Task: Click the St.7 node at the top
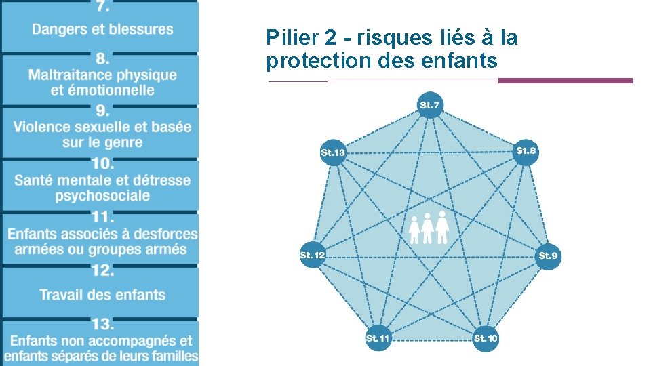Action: coord(430,105)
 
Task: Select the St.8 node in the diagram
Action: coord(526,150)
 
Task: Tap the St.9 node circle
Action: coord(548,256)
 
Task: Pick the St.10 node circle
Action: coord(486,338)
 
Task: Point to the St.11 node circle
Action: coord(378,338)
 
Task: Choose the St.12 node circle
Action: coord(313,255)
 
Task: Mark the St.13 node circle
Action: coord(333,152)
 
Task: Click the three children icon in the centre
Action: coord(429,228)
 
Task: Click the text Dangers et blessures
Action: coord(102,29)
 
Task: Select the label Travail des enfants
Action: coord(102,295)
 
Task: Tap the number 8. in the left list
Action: coord(102,58)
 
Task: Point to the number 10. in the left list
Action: coord(102,164)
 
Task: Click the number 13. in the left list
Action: coord(102,324)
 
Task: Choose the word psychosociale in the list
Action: coord(102,196)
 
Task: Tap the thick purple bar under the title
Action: coord(565,81)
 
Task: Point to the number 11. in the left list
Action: coord(102,218)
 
